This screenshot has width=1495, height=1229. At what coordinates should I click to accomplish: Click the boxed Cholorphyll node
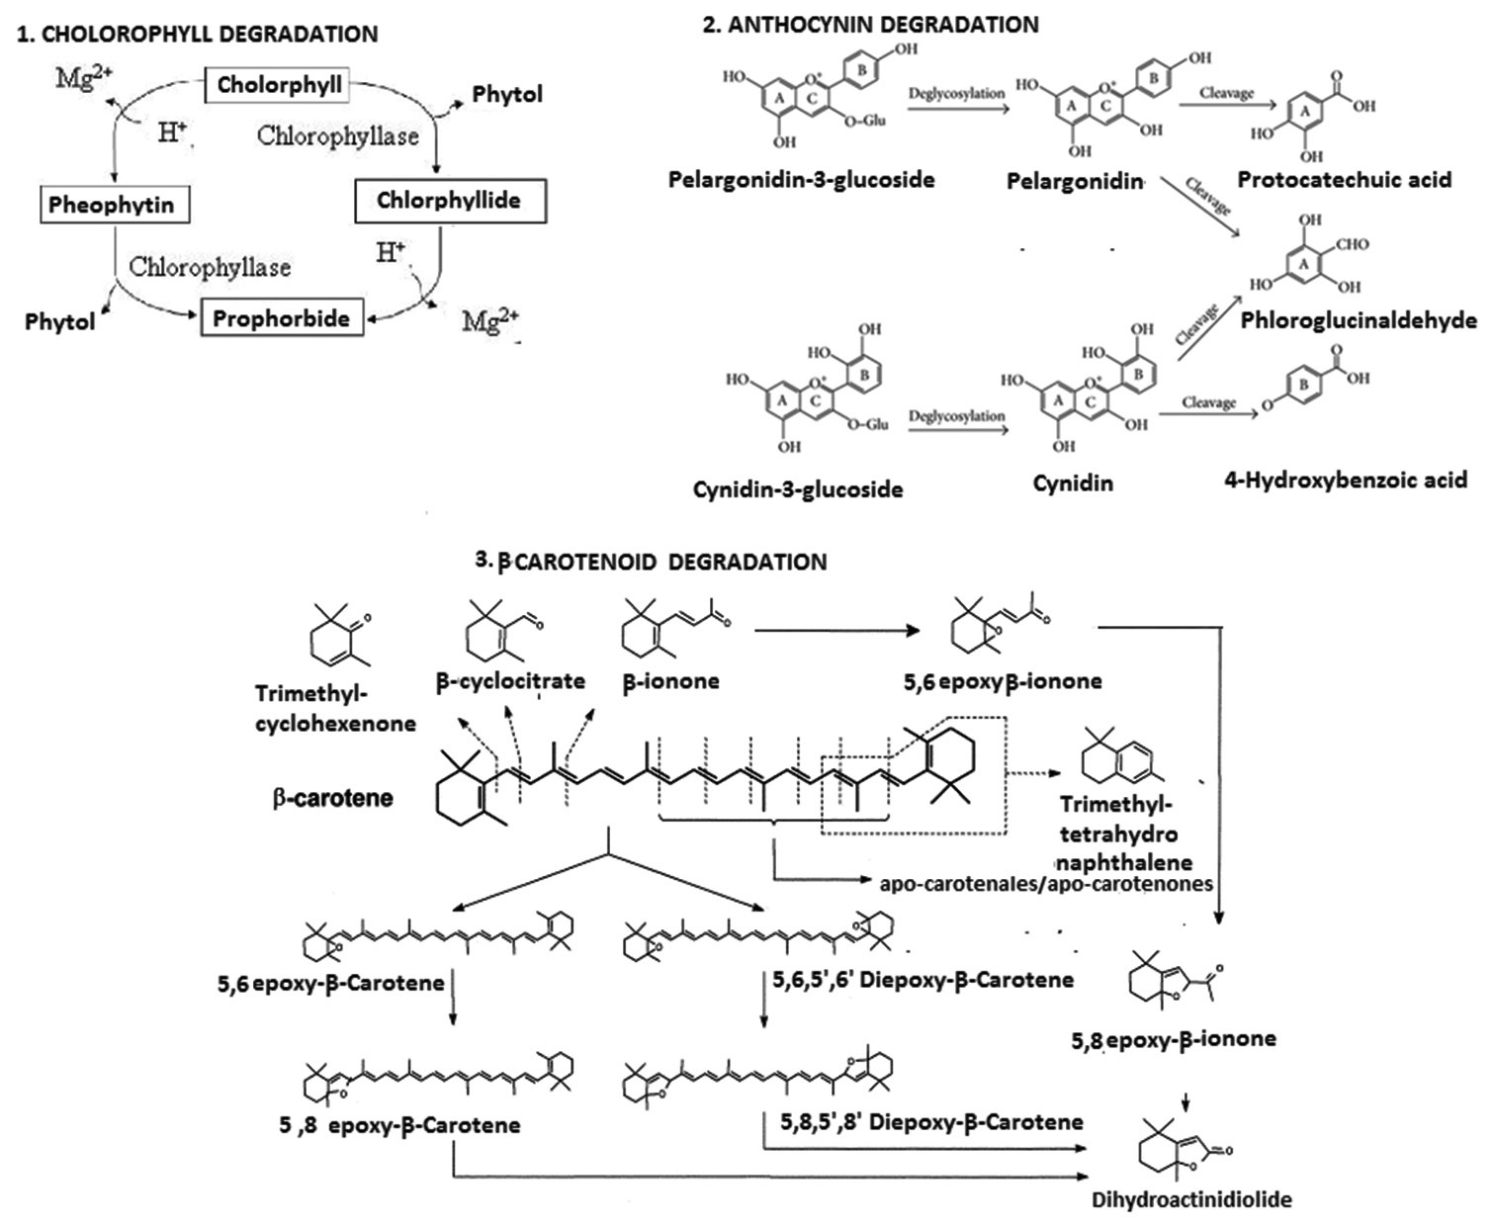coord(280,84)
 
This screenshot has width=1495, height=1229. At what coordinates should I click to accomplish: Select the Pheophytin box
coord(111,206)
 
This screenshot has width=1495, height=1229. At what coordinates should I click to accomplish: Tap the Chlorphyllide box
coord(449,201)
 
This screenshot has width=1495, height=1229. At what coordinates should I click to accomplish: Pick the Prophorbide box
coord(282,318)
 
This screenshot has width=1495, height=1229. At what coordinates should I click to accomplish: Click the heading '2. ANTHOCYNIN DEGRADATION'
coord(870,24)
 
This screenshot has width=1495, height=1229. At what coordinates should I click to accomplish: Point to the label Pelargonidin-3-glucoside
coord(801,180)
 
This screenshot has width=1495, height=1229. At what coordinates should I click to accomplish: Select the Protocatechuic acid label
coord(1344,180)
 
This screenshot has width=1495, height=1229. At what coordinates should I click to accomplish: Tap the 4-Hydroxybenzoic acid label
coord(1345,481)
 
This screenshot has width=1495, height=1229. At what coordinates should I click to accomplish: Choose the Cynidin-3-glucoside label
coord(798,488)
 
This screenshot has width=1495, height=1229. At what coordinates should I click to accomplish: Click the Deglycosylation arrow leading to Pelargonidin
coord(957,106)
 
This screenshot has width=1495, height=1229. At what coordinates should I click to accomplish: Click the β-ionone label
coord(670,681)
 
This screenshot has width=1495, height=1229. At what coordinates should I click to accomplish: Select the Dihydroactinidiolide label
coord(1191,1200)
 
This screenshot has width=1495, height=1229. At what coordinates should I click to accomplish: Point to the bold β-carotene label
coord(332,797)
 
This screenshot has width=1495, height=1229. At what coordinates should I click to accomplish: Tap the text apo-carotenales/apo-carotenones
coord(1045,883)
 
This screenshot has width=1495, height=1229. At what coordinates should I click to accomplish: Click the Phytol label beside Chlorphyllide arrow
coord(507,95)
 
